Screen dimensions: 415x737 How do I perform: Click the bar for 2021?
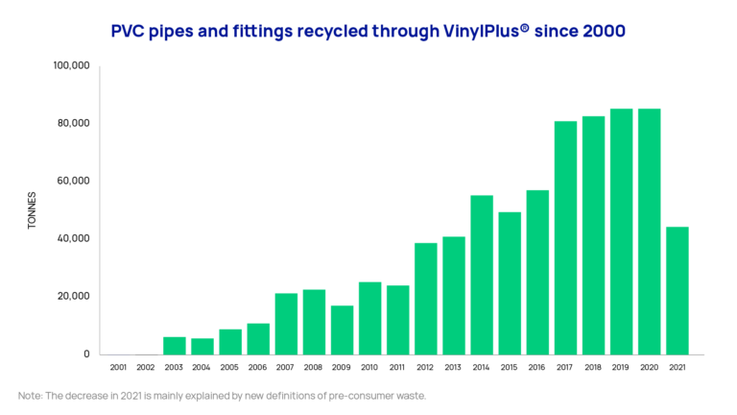(x=677, y=290)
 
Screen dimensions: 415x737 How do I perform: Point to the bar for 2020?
(x=649, y=231)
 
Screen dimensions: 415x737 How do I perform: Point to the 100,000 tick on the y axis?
(x=71, y=65)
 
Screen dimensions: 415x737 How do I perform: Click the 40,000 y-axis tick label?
(x=74, y=238)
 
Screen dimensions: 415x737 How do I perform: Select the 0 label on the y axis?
(x=86, y=354)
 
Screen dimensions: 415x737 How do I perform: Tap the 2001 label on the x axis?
(x=119, y=367)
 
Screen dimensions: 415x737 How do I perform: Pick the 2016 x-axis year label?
(x=537, y=367)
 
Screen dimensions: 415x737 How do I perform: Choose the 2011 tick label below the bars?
(x=397, y=367)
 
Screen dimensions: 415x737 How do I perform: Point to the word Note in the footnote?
(x=30, y=396)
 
